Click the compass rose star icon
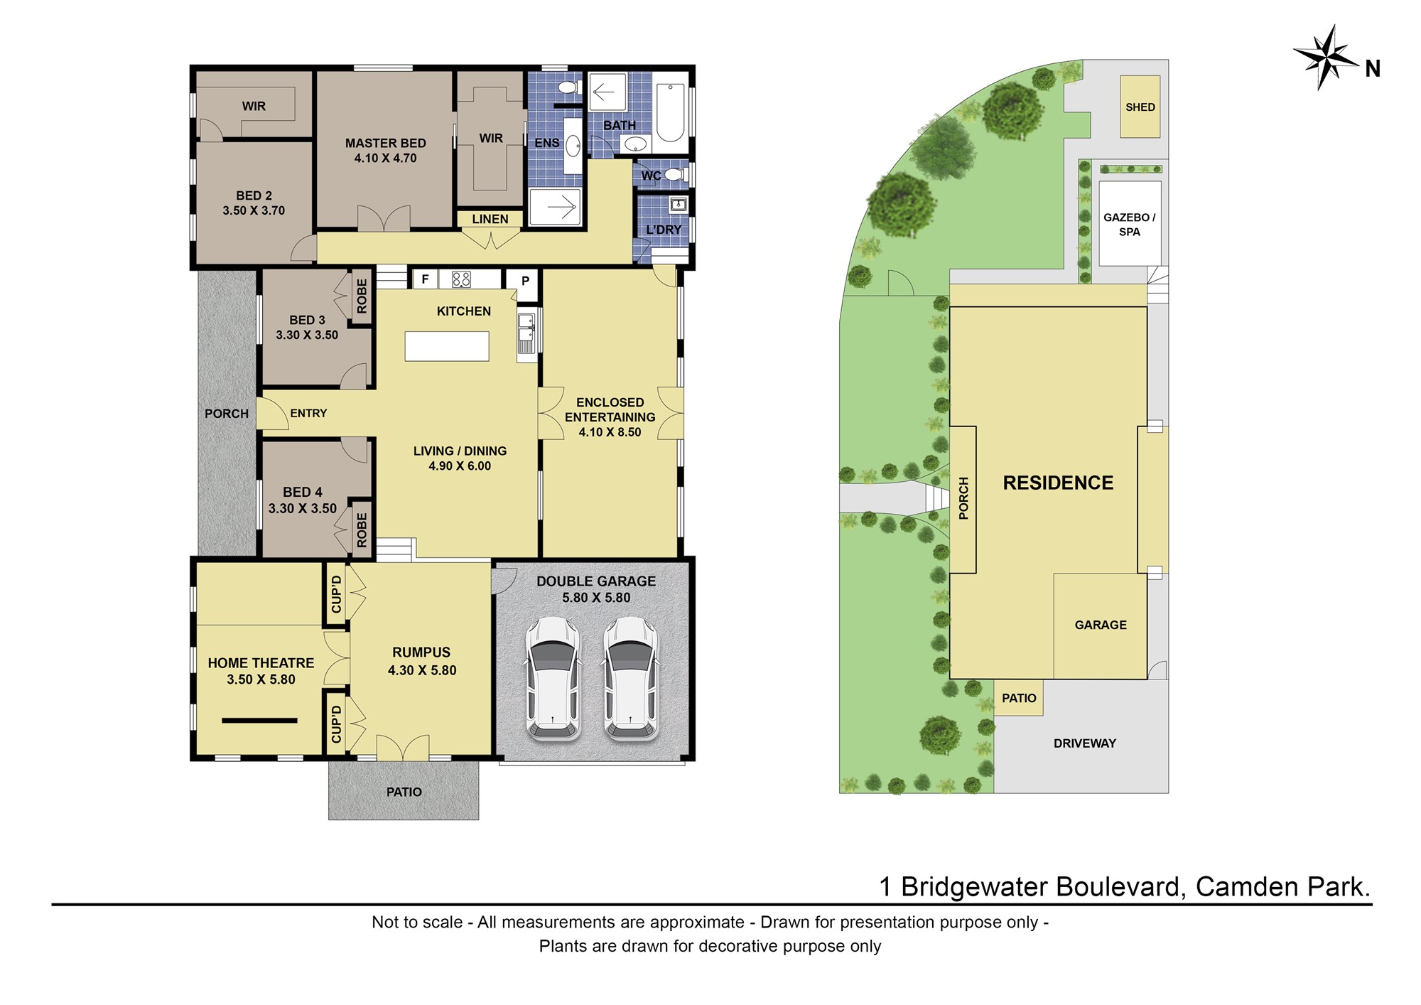1325,57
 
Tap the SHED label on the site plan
1140,107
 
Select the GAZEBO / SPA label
1129,225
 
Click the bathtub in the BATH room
670,113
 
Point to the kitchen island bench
447,346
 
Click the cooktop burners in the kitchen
461,279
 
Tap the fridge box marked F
425,279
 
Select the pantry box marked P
525,281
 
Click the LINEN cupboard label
490,219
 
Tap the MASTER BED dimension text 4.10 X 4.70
386,158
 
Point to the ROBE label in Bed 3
362,296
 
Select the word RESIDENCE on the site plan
1058,483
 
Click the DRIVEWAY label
1084,743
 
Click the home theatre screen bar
259,721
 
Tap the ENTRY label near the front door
308,413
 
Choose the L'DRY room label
664,230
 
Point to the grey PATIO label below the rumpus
404,792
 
